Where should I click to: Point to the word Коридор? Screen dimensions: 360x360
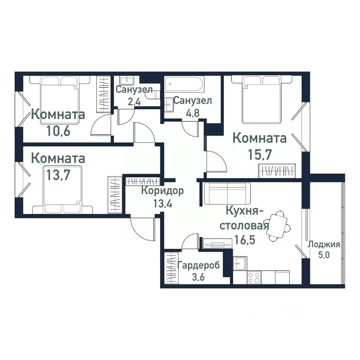[x=162, y=191]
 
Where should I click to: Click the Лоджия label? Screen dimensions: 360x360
[x=324, y=245]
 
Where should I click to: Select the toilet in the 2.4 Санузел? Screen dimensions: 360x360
[x=154, y=96]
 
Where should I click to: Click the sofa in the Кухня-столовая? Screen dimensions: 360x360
[x=228, y=193]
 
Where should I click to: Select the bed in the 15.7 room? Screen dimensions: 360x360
[x=261, y=100]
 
